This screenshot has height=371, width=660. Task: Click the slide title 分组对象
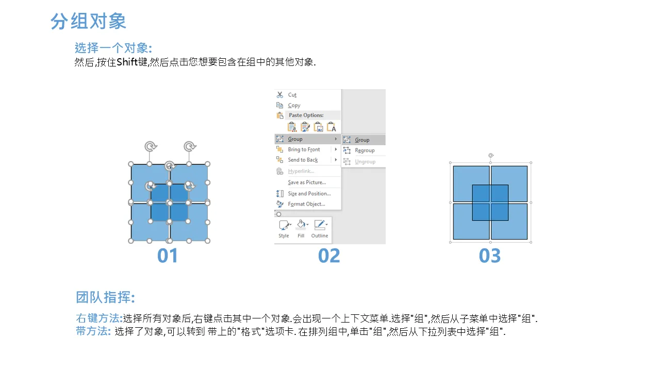click(88, 21)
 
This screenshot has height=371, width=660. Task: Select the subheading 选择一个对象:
click(113, 48)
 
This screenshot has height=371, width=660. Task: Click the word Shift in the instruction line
click(127, 62)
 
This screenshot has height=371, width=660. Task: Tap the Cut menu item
click(292, 95)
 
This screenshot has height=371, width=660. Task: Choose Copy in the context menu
click(294, 105)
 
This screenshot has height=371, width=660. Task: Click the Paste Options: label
click(306, 115)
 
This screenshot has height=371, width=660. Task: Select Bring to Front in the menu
click(304, 149)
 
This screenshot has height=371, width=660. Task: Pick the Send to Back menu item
click(303, 160)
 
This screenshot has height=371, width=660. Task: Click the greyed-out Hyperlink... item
click(301, 171)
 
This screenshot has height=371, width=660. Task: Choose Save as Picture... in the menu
click(307, 182)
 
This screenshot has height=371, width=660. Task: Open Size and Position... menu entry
click(309, 193)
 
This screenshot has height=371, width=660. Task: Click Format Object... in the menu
click(306, 204)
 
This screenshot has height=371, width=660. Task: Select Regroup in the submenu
click(365, 150)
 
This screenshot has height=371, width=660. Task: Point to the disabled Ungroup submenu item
click(365, 162)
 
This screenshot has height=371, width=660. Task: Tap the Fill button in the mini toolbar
click(301, 229)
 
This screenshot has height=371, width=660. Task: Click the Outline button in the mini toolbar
click(320, 229)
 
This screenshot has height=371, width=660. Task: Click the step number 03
click(490, 256)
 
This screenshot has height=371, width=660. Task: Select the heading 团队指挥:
click(106, 297)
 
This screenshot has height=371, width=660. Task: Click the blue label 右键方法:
click(100, 318)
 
